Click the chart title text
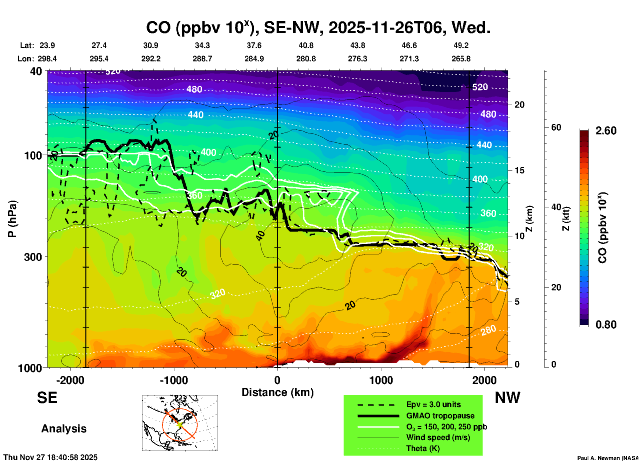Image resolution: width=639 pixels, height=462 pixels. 318,28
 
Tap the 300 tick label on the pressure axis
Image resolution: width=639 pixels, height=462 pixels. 33,257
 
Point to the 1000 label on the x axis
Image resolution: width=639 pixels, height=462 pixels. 381,380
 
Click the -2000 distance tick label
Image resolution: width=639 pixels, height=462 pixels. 70,380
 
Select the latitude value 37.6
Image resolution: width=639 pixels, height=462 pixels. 254,45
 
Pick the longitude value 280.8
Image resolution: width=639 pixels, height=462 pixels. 306,59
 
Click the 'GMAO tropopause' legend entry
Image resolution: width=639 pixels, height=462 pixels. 440,416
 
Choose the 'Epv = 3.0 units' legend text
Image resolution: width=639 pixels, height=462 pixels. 433,404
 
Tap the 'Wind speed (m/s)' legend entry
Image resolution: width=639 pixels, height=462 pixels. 438,437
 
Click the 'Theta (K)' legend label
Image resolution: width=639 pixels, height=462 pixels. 423,448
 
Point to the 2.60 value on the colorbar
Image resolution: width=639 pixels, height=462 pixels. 606,131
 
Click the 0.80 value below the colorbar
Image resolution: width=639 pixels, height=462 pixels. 606,324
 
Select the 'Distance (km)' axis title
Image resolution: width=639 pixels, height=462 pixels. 277,392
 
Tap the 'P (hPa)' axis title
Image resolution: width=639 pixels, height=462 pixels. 12,219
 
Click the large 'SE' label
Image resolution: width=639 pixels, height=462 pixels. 47,398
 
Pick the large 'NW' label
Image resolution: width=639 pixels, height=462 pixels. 507,398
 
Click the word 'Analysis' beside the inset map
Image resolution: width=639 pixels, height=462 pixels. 64,429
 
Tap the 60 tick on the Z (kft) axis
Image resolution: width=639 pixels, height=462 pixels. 556,127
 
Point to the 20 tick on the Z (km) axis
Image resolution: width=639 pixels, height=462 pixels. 519,105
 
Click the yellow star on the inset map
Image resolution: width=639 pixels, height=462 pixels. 179,424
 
